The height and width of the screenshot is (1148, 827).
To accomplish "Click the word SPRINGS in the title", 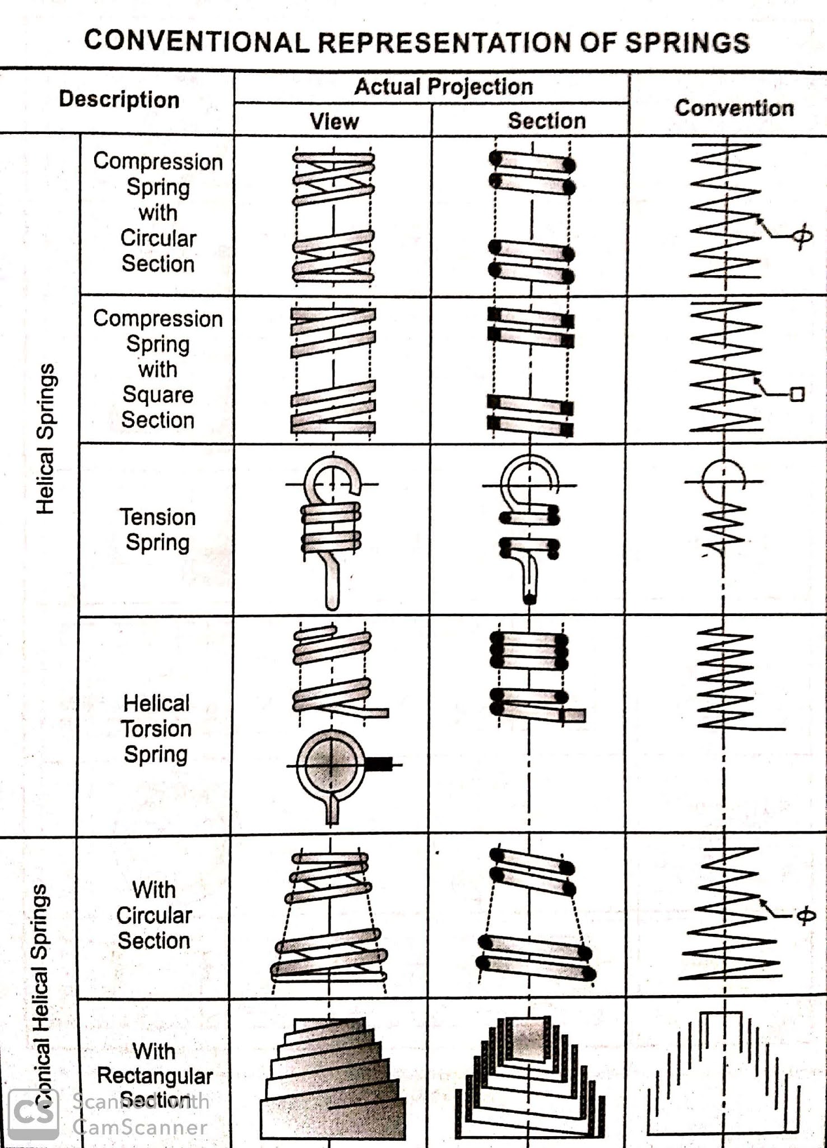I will (x=687, y=43).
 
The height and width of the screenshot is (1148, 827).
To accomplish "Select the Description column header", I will (x=119, y=100).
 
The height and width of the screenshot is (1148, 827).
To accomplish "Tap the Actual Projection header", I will (x=443, y=87).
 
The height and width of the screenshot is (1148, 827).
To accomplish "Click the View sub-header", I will (x=334, y=121).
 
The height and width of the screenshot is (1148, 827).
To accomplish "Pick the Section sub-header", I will (x=546, y=121).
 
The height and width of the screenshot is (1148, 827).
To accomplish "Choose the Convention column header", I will (x=734, y=108).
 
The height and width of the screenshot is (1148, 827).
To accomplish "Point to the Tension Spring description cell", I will (x=158, y=530).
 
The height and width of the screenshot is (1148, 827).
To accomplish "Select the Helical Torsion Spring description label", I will (x=156, y=728).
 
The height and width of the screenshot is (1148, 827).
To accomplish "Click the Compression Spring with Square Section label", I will (x=158, y=369).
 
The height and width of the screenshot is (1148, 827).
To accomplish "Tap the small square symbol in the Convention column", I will (x=797, y=394).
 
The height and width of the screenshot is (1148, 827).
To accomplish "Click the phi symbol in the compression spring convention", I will (x=802, y=237).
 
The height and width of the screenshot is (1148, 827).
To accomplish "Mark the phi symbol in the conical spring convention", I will (x=805, y=915).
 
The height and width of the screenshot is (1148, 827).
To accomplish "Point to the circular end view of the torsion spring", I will (x=331, y=765).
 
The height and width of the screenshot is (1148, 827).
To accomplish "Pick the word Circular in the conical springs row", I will (x=154, y=915).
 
